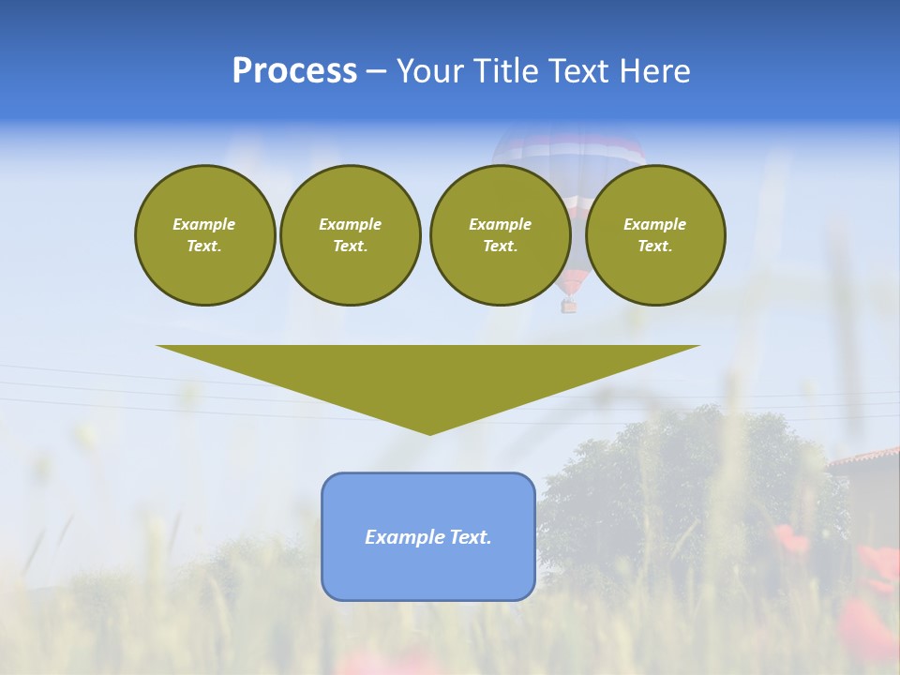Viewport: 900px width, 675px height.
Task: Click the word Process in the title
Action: click(294, 71)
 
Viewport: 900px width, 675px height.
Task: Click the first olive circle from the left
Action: click(205, 235)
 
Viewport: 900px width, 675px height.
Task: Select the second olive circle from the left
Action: click(351, 235)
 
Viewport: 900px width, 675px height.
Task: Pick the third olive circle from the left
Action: click(500, 235)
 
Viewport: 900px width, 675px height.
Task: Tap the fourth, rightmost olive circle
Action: click(655, 235)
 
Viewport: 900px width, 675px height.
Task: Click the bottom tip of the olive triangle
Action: click(429, 432)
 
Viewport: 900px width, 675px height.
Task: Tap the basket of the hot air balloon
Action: click(569, 306)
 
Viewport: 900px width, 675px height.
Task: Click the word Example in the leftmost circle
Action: click(204, 224)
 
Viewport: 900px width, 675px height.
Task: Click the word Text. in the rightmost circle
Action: click(655, 247)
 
